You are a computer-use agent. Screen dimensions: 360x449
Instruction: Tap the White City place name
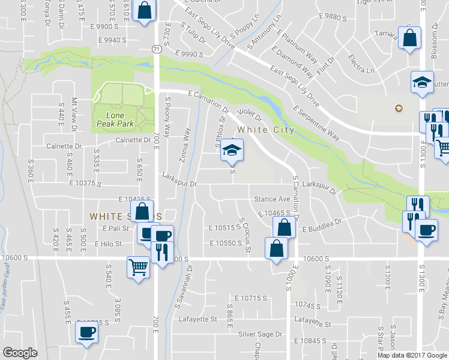pos(265,130)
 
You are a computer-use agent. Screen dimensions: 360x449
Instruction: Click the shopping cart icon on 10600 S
pos(138,266)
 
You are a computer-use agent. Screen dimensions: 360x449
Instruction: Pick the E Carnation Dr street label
pos(208,101)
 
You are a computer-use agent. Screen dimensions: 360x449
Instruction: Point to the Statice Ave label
pos(272,199)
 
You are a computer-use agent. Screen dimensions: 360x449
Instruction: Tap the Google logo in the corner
pos(20,353)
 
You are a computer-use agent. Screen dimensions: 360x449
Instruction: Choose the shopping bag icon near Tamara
pos(409,38)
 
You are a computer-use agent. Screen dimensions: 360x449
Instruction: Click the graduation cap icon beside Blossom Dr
pos(421,82)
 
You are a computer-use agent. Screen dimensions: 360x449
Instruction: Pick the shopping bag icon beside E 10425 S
pos(142,211)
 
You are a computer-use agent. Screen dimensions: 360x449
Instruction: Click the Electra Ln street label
pos(361,64)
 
